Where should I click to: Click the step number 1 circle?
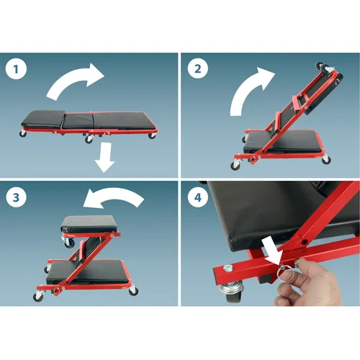(16, 69)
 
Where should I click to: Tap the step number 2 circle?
(197, 69)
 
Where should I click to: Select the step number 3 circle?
(16, 197)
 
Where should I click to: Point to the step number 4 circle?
(197, 197)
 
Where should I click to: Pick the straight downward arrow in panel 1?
(104, 157)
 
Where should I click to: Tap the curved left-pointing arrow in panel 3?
(113, 196)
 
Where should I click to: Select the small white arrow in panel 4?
(271, 252)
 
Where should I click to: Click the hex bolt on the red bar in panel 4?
(228, 268)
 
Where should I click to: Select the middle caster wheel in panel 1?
(89, 139)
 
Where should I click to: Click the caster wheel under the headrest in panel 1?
(23, 133)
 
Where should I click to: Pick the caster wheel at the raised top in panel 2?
(320, 66)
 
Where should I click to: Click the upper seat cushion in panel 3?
(89, 224)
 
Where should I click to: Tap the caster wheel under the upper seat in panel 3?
(69, 243)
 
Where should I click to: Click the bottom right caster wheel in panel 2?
(326, 160)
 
